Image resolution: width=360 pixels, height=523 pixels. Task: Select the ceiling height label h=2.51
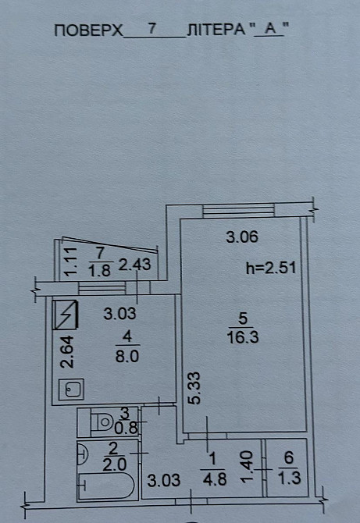271,268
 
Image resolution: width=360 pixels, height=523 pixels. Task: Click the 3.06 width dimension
241,237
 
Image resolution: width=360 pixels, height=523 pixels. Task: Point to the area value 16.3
241,337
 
